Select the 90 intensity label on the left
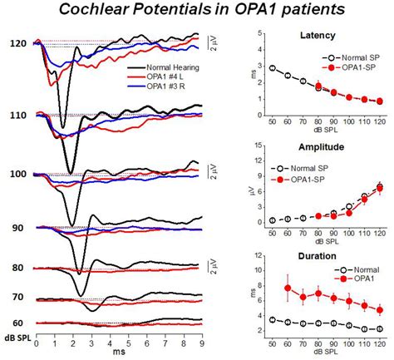(19, 227)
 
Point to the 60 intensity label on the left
(19, 323)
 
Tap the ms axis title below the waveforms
(116, 353)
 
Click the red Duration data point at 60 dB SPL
(287, 288)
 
